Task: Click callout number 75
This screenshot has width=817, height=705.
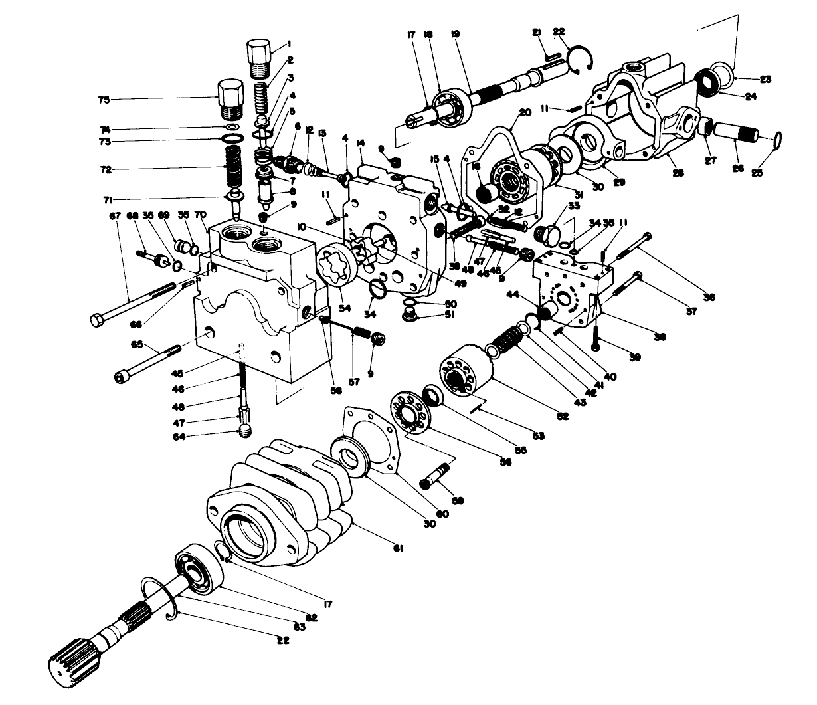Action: coord(103,100)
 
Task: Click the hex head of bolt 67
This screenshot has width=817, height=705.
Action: coord(98,320)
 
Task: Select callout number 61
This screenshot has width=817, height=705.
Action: coord(398,548)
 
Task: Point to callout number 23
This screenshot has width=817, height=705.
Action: coord(766,79)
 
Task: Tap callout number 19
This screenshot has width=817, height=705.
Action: coord(454,32)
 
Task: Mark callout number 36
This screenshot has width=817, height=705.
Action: coord(709,298)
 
